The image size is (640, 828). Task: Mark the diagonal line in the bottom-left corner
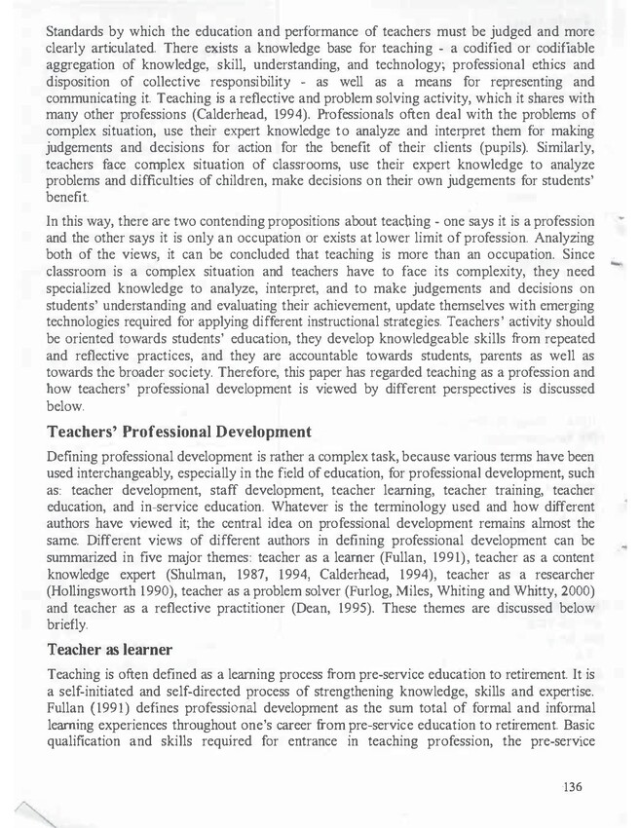point(29,811)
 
